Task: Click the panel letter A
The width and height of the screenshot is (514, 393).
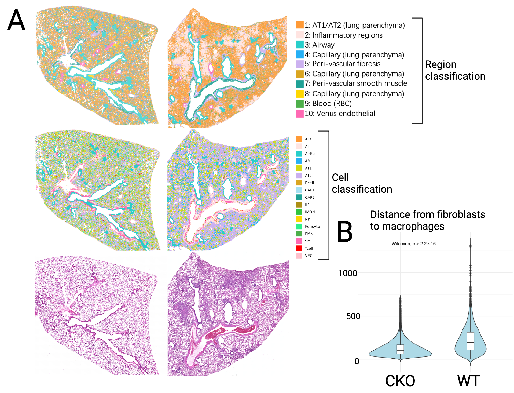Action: click(16, 20)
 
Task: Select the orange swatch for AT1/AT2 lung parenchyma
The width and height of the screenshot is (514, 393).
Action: click(300, 25)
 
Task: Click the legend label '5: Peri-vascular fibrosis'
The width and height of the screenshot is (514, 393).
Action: click(342, 64)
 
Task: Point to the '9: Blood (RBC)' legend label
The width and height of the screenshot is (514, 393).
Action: click(328, 104)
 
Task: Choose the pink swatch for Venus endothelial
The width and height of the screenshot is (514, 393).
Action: click(300, 114)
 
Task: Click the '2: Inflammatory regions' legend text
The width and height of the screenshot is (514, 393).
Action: click(343, 35)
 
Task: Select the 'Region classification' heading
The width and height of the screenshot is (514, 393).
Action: click(455, 70)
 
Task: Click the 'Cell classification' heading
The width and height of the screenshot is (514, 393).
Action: click(362, 183)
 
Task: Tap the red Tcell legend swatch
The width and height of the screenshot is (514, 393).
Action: click(299, 248)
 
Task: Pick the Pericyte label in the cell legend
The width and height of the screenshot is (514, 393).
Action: click(312, 227)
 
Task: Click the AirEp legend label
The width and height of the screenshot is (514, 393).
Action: click(310, 154)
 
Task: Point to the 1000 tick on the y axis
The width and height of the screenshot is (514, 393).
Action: click(347, 273)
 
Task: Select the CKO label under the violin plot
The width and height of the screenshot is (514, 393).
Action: click(400, 381)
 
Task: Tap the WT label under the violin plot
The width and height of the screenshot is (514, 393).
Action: click(468, 381)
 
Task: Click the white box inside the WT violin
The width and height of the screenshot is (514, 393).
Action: click(470, 341)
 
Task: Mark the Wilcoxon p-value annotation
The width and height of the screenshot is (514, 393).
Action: click(413, 244)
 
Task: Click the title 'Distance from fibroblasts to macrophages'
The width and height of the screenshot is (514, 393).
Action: click(427, 220)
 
